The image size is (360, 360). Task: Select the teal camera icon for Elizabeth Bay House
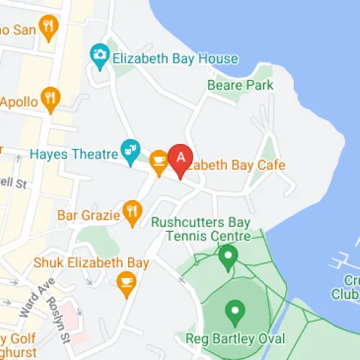click(x=99, y=54)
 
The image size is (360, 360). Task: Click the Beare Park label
click(x=240, y=85)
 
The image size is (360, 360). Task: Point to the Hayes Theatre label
click(x=73, y=153)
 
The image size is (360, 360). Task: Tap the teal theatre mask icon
click(x=130, y=150)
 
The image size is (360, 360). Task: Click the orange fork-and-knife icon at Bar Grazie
click(x=131, y=212)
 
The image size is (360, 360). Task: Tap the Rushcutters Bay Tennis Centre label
click(x=201, y=229)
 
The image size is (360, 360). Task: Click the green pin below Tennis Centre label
click(x=228, y=256)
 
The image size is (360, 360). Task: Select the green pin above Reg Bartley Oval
click(x=234, y=312)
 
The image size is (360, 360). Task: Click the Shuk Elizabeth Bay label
click(x=91, y=263)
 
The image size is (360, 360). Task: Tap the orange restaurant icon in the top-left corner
click(x=49, y=28)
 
